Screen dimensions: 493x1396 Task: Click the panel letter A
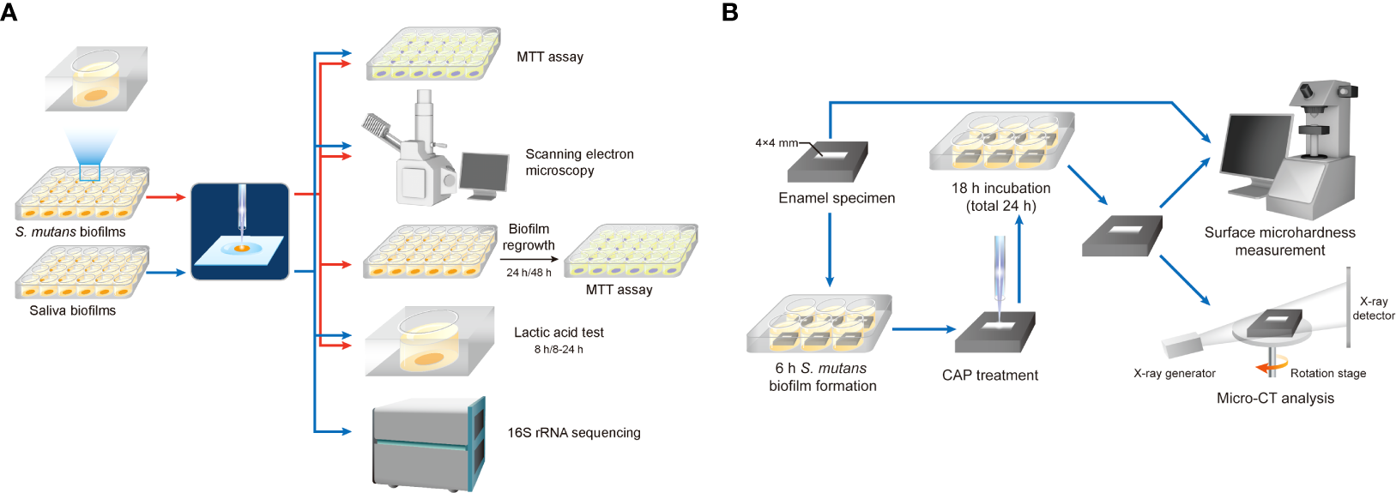click(x=9, y=12)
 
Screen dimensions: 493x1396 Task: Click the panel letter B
click(x=730, y=12)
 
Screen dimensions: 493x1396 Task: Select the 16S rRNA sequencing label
click(x=573, y=433)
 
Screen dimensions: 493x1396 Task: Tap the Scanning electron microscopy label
click(x=579, y=162)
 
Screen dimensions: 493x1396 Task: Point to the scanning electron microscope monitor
click(x=483, y=173)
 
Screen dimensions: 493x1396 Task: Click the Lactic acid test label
click(x=559, y=333)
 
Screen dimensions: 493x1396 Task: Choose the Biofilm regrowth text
click(x=529, y=237)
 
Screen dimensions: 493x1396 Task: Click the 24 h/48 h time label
click(x=529, y=273)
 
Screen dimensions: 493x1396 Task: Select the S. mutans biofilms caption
click(x=70, y=232)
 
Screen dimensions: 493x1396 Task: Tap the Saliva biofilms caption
click(x=72, y=310)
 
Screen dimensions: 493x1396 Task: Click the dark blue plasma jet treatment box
click(x=239, y=231)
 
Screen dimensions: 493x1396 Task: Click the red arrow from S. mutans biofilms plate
click(x=166, y=197)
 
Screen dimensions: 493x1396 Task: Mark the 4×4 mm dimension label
click(x=777, y=143)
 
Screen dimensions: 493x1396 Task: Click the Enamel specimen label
click(x=837, y=198)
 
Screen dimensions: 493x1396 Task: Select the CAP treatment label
click(x=989, y=376)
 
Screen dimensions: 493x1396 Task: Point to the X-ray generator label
click(x=1174, y=373)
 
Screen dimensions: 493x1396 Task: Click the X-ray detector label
click(x=1373, y=309)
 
